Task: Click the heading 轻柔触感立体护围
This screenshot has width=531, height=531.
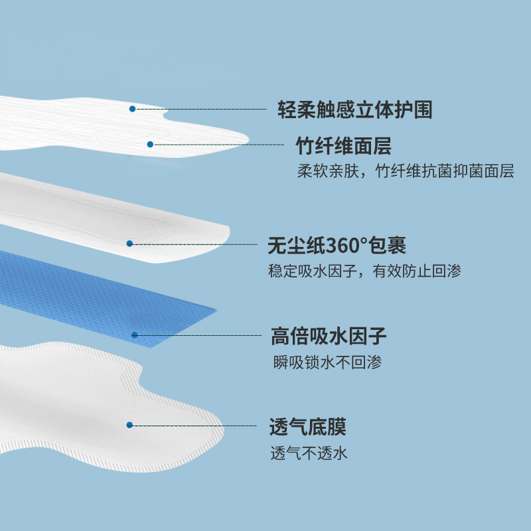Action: click(x=354, y=110)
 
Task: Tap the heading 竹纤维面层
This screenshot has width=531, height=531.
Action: click(x=343, y=145)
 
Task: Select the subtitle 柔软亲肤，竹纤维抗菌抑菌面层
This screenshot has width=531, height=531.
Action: click(x=406, y=171)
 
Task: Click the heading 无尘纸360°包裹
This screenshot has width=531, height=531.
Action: click(x=337, y=246)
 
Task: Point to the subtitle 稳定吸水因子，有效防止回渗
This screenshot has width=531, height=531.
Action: click(x=364, y=271)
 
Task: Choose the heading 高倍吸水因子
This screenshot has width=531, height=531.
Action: click(x=329, y=337)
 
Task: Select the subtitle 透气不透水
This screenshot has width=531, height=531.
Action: click(x=309, y=454)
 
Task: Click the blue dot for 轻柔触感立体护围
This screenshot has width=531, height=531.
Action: click(x=132, y=108)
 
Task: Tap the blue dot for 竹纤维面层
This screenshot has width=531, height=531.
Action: click(x=150, y=144)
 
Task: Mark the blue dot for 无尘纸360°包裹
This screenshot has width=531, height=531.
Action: click(x=130, y=244)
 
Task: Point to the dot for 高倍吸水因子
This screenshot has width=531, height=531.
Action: click(x=134, y=335)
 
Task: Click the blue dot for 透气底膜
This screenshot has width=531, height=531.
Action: click(x=130, y=425)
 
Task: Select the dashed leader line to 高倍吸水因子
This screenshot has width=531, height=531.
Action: click(x=199, y=335)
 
